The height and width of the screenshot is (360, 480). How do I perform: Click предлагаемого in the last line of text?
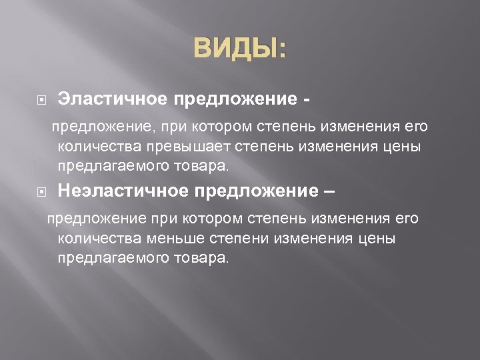[105, 257]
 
